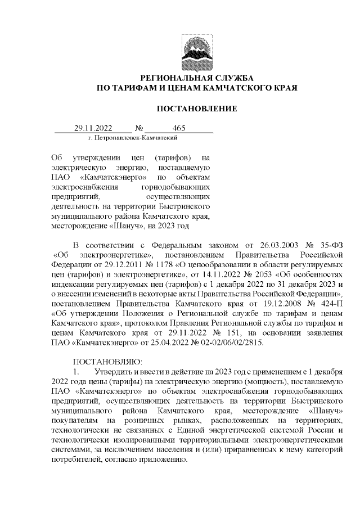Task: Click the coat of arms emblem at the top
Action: pos(196,52)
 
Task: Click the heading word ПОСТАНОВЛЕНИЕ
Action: pos(196,109)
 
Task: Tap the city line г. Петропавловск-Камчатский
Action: pos(133,137)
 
